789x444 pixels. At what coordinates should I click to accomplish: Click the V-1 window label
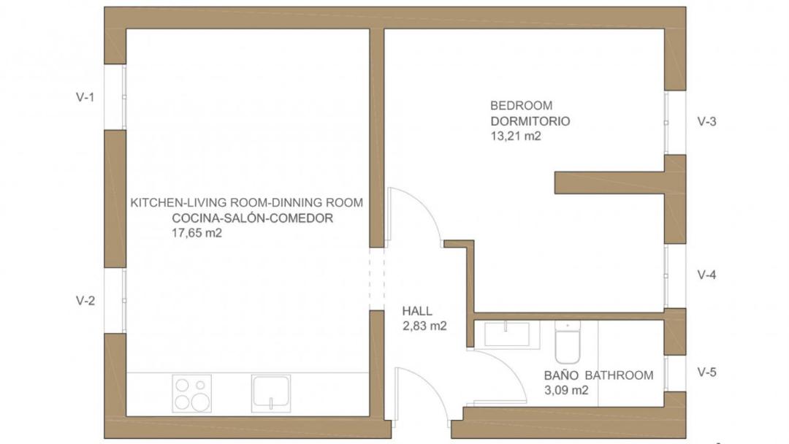tap(85, 97)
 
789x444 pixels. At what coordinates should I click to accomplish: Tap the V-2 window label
tap(85, 301)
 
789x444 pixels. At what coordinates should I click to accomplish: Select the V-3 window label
tap(706, 121)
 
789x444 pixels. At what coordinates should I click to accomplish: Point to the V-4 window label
tap(706, 275)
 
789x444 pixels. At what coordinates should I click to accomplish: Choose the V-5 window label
tap(706, 372)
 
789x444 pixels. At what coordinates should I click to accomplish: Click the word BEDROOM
tap(514, 106)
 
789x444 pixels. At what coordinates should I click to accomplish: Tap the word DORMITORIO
tap(530, 121)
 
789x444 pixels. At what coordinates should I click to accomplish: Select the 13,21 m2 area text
tap(516, 136)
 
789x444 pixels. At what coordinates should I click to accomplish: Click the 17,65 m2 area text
tap(197, 233)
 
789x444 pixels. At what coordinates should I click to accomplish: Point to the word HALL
tap(417, 311)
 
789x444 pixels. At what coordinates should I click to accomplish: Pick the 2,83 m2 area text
tap(424, 326)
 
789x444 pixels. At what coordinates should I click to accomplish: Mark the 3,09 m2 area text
tap(566, 390)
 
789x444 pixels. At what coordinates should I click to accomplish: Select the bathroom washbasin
tap(507, 334)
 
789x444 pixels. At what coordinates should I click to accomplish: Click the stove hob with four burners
tap(191, 394)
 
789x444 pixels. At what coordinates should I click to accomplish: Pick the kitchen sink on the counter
tap(271, 393)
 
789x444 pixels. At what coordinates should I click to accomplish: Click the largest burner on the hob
tap(200, 402)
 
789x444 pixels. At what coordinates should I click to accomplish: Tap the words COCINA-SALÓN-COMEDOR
tap(253, 218)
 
